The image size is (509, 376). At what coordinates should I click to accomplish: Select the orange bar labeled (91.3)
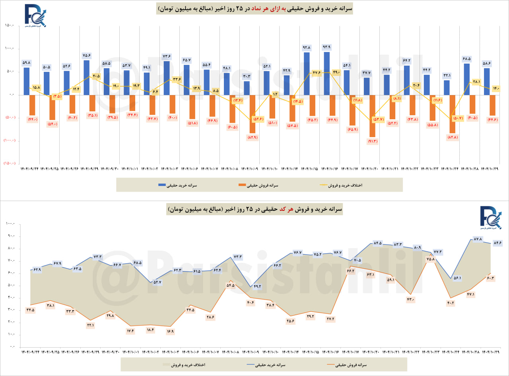point(372,115)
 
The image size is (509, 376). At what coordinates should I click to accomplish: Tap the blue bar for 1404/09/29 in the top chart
point(86,77)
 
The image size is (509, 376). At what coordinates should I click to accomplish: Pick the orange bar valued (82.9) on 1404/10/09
point(252,114)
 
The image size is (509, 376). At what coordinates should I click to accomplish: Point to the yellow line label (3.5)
point(56,96)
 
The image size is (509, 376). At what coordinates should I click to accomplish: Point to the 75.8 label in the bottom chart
point(430,259)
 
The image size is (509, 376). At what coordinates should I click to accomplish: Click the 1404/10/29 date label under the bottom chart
point(490,352)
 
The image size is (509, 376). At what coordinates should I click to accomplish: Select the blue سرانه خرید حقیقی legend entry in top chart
point(178,185)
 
